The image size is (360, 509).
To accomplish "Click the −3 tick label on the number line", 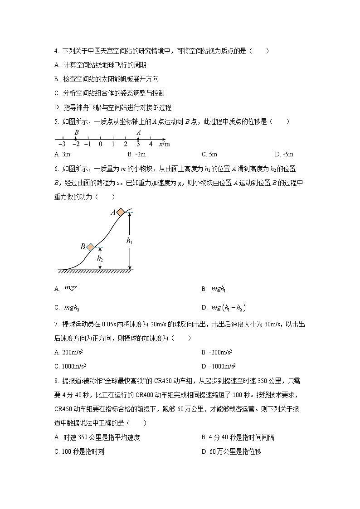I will [x=62, y=144].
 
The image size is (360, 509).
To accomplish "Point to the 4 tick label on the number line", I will [x=151, y=144].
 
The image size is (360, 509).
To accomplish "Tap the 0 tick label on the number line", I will [x=100, y=144].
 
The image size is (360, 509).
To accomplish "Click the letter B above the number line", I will [x=76, y=132].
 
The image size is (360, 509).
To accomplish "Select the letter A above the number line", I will [x=138, y=132].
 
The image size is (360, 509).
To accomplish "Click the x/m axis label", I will [x=164, y=144].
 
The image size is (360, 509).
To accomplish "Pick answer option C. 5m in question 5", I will [x=209, y=154].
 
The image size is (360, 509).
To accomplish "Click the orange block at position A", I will [x=121, y=212].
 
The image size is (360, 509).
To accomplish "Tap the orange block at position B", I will [x=90, y=247].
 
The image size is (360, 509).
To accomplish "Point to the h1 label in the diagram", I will [x=129, y=241].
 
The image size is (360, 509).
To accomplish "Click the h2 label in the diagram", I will [x=100, y=259].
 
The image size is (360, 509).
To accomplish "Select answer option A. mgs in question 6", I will [x=66, y=288].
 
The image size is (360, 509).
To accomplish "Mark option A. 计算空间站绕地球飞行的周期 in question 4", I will [x=100, y=65].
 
